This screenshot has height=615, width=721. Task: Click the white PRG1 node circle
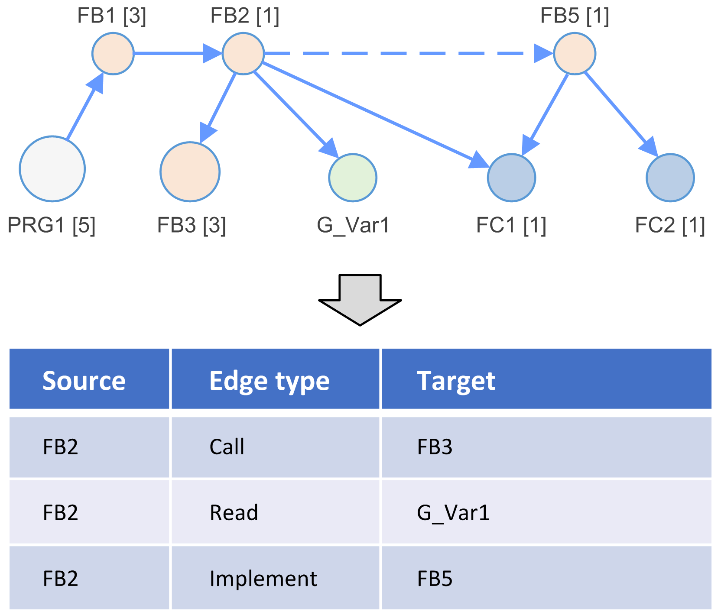(52, 169)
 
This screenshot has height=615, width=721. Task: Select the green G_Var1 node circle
(353, 178)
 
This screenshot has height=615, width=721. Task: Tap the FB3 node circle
(190, 172)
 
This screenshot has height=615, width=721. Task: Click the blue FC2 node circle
(670, 178)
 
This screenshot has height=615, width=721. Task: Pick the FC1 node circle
(511, 178)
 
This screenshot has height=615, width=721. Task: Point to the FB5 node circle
(575, 54)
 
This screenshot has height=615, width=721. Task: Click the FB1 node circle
(113, 54)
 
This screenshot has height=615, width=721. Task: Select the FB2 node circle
(243, 54)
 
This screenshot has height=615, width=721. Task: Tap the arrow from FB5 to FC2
(620, 113)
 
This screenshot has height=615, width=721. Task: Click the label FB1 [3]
(112, 16)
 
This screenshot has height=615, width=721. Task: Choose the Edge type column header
(270, 381)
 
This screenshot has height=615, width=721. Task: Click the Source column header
(84, 381)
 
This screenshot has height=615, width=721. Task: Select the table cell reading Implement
(263, 579)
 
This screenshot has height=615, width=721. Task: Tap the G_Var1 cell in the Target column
(453, 513)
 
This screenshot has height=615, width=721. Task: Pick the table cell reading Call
(227, 447)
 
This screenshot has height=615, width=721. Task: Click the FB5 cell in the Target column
(435, 579)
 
